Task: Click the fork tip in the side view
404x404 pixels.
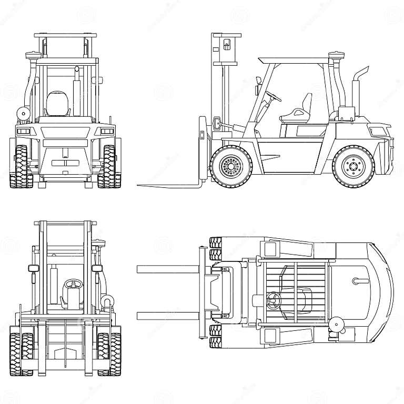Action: coord(141,185)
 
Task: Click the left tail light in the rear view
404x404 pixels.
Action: coord(23,130)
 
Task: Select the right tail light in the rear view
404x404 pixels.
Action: coord(107,130)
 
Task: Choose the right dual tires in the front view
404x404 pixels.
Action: coord(108,353)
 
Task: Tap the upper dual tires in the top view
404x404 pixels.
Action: coord(216,248)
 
